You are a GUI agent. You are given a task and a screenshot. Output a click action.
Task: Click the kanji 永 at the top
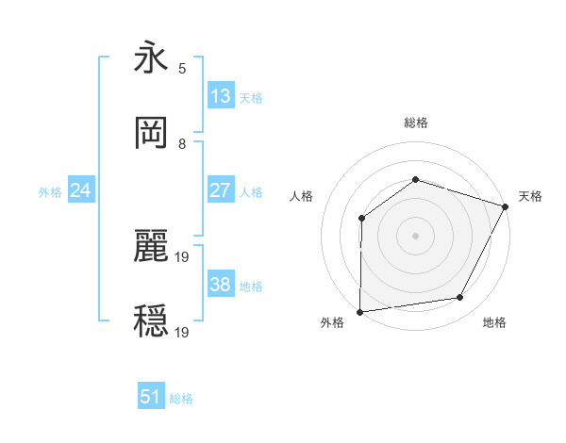coord(151,58)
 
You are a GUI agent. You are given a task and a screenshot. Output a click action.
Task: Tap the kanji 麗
coord(151,248)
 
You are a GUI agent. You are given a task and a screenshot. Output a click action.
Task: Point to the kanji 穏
coord(151,321)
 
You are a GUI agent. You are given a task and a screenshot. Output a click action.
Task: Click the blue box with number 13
coord(221,96)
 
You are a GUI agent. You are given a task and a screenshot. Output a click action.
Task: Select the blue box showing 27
coord(221,190)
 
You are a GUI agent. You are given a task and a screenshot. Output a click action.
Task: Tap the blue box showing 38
coord(221,285)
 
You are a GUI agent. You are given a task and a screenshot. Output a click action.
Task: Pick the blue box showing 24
coord(81,190)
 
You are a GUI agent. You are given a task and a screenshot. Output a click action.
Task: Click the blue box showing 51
coord(151,397)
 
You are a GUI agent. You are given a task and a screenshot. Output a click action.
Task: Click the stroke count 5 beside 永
coord(182,68)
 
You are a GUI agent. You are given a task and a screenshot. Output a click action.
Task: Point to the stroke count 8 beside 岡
coord(182,144)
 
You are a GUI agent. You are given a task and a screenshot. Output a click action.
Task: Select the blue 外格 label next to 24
coord(50,191)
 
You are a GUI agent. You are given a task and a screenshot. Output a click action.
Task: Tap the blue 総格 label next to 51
coord(181,399)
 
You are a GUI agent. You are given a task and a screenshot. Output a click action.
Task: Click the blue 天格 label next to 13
coord(251,97)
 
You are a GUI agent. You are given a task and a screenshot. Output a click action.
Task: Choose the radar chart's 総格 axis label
coord(415,123)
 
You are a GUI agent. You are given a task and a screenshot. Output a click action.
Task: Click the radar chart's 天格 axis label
coord(530,196)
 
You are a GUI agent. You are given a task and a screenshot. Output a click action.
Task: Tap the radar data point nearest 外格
coord(360,311)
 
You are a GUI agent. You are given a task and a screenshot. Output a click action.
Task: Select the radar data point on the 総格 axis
coord(415,180)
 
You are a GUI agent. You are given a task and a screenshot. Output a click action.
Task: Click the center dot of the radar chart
coord(415,236)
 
